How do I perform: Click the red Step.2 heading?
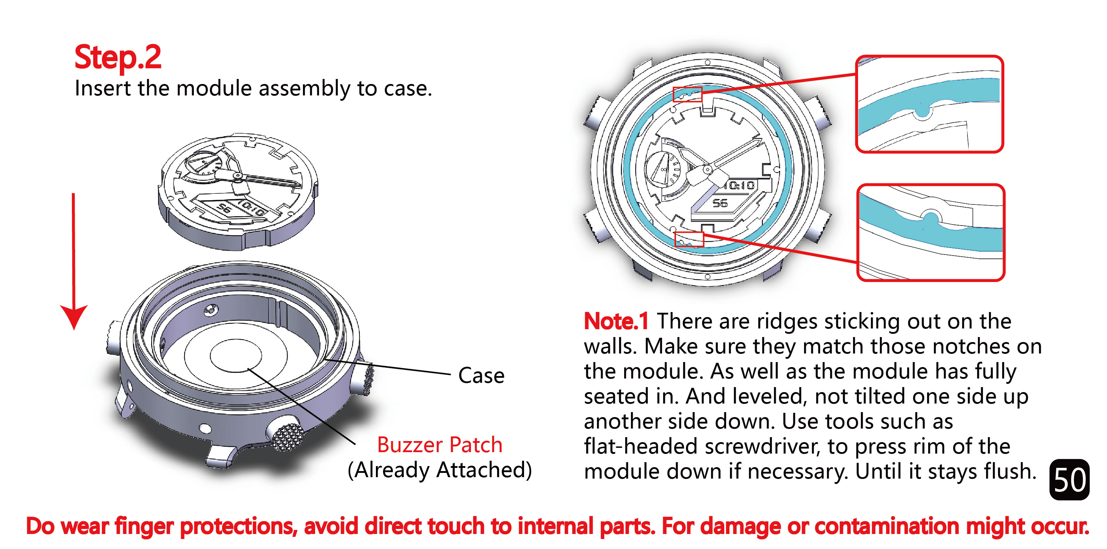(x=118, y=57)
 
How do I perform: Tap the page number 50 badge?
(x=1069, y=479)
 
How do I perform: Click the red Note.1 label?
(x=616, y=321)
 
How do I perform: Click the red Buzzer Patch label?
(x=440, y=444)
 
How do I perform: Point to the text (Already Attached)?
(x=440, y=470)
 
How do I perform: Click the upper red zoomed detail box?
(x=930, y=104)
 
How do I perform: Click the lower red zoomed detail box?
(x=931, y=232)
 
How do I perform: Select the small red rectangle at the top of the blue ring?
(x=687, y=94)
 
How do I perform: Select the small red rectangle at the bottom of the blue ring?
(x=689, y=239)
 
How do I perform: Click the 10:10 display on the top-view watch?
(x=739, y=186)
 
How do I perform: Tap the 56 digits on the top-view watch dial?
(x=720, y=203)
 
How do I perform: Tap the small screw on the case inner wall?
(x=211, y=309)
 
